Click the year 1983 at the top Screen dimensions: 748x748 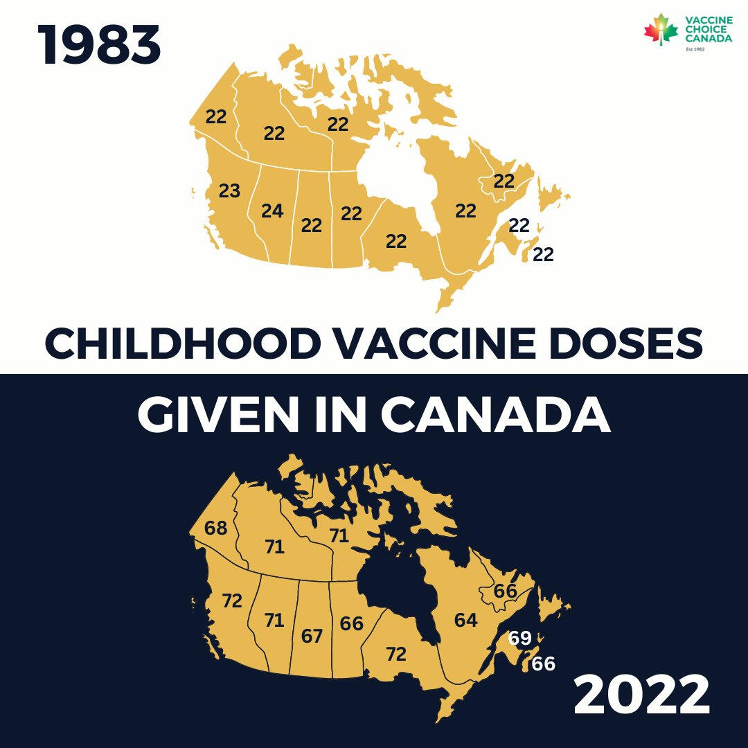point(100,46)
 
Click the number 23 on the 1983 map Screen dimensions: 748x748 point(229,191)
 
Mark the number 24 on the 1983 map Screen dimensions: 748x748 point(272,211)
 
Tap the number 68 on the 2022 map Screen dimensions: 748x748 point(216,528)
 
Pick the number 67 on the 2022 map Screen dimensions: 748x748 point(312,635)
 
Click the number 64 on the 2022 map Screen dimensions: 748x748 point(465,620)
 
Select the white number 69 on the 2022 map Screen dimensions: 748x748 point(519,638)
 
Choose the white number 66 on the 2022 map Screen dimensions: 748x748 point(544,664)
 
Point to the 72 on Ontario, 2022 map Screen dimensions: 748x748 point(396,653)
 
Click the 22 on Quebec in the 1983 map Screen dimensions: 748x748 point(465,211)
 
